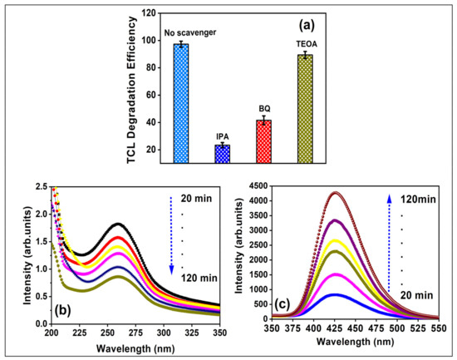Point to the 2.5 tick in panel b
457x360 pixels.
41,189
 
